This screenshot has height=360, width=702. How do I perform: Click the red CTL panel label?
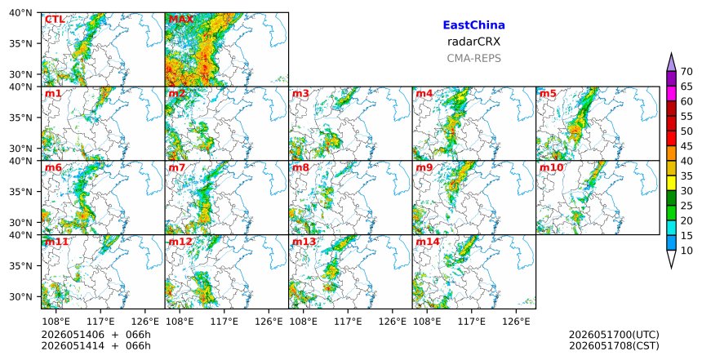tap(55, 20)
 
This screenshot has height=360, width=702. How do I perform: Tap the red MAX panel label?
tap(181, 20)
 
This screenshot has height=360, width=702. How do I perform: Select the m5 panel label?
tap(548, 94)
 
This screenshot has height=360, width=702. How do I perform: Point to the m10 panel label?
tap(551, 168)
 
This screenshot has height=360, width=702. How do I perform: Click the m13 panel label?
tap(304, 242)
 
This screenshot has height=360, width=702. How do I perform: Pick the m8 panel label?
tap(300, 168)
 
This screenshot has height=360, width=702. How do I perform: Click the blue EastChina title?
tap(473, 25)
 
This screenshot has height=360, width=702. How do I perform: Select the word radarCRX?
tap(473, 42)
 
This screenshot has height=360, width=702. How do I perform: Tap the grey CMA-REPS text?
tap(473, 58)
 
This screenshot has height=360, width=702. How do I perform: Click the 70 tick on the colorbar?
tap(686, 72)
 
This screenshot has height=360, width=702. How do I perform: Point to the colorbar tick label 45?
tap(686, 146)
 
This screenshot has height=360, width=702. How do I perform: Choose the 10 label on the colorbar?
tap(686, 251)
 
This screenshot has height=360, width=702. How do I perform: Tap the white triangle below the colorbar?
tap(671, 256)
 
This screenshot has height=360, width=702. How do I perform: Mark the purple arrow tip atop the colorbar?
tap(671, 53)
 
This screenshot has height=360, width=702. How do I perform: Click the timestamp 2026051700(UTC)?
tap(614, 335)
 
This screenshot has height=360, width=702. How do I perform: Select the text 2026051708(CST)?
tap(614, 345)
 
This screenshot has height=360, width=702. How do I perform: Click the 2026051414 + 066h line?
tap(96, 345)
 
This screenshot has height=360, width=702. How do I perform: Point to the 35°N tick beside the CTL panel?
tap(20, 43)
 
